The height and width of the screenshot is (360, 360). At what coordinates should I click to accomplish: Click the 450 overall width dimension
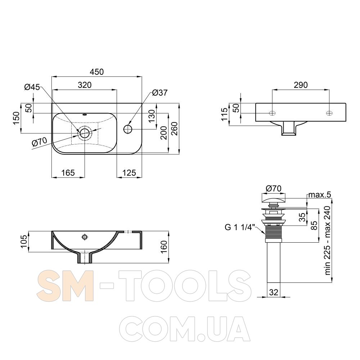(96, 72)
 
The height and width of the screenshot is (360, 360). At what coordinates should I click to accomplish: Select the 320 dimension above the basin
(85, 85)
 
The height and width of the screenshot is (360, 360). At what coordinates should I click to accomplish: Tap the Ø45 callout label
(32, 87)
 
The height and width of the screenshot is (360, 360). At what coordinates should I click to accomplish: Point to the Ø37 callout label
(160, 93)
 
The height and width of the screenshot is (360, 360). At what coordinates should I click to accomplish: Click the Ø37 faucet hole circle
(128, 129)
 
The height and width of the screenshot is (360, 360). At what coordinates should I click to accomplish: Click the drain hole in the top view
(85, 133)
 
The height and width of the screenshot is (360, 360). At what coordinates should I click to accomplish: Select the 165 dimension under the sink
(68, 173)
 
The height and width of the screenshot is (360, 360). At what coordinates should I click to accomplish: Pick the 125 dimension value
(129, 173)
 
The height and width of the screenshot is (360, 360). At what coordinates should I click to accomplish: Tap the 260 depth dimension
(175, 129)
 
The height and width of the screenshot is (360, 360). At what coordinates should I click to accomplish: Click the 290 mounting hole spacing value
(301, 85)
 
